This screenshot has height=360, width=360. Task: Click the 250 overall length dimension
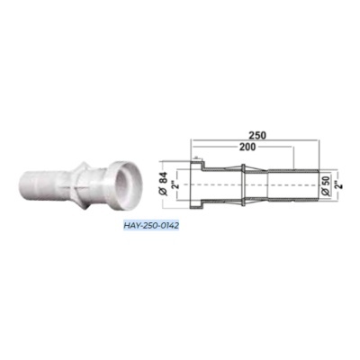[257, 135]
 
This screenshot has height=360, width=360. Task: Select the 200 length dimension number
[247, 147]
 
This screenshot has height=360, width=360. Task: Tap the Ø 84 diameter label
[164, 184]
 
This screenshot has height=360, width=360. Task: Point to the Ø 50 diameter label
[326, 186]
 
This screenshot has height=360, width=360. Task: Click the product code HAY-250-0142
[151, 225]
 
